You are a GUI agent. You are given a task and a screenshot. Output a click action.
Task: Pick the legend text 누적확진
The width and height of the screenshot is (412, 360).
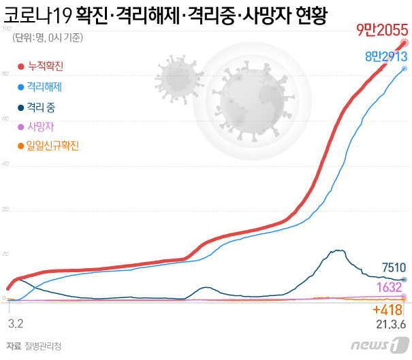pyautogui.click(x=46, y=67)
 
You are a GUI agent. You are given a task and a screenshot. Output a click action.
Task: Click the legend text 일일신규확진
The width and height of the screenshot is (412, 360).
pyautogui.click(x=53, y=146)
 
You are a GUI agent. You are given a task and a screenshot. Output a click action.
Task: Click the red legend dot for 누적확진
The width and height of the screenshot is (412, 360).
pyautogui.click(x=20, y=67)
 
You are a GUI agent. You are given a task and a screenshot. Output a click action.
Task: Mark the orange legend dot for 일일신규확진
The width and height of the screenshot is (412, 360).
pyautogui.click(x=20, y=146)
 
